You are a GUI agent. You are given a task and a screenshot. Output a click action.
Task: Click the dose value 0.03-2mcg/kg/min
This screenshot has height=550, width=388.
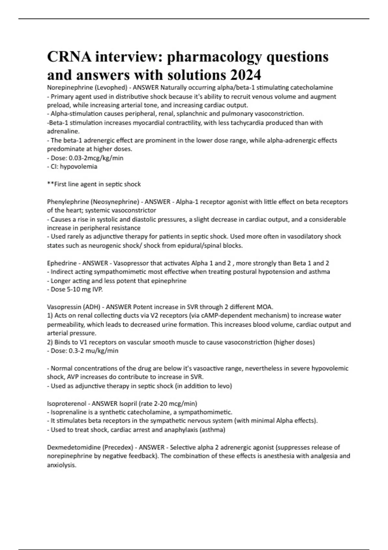click(96, 158)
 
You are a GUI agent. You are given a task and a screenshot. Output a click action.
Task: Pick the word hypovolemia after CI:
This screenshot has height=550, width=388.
click(79, 167)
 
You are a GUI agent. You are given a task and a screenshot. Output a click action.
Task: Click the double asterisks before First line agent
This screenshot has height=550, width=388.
click(50, 184)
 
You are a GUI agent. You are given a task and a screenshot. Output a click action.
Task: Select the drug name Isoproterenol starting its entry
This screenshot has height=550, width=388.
click(67, 403)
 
